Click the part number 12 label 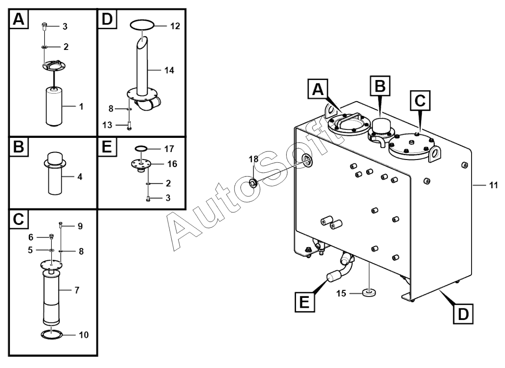point(175,26)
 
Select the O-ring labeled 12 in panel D point(142,25)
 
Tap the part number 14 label point(169,70)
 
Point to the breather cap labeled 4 point(55,173)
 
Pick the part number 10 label point(84,335)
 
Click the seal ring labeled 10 point(51,334)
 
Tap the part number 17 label point(169,149)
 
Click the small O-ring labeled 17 point(141,148)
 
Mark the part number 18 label point(254,159)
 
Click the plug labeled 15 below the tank point(369,293)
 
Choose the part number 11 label point(493,185)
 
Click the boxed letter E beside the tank point(305,302)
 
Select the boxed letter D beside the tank point(463,313)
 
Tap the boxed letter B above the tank point(380,86)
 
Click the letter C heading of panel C point(19,219)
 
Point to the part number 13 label point(107,125)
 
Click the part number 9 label point(80,226)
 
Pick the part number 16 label point(172,164)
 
